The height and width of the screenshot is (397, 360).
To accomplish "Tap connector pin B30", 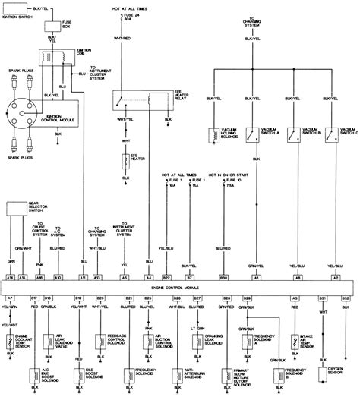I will pyautogui.click(x=223, y=279).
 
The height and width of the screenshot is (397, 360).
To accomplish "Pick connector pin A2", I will pyautogui.click(x=332, y=279).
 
